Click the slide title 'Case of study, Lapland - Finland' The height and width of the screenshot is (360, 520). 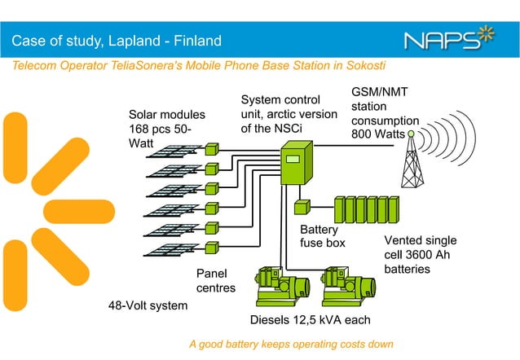click(116, 40)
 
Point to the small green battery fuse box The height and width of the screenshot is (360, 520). click(302, 207)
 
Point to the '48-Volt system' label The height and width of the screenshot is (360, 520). click(148, 306)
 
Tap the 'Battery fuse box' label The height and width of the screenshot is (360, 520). click(323, 236)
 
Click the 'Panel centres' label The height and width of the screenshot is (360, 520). click(215, 280)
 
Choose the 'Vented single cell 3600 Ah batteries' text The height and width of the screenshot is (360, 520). click(420, 254)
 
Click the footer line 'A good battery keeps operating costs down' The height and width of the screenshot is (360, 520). click(291, 345)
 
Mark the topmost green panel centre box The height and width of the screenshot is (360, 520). click(212, 150)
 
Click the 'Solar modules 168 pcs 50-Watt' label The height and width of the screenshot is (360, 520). click(167, 128)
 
